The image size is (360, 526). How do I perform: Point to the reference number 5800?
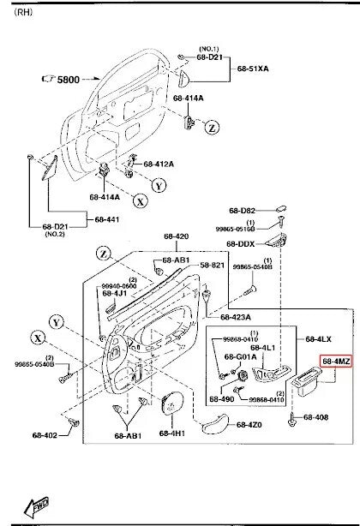coord(67,79)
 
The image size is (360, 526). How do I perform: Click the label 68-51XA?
coord(254,67)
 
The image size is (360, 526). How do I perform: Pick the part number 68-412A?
coord(159,164)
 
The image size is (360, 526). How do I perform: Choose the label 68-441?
coord(107,220)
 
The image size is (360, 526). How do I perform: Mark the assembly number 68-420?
coord(176,236)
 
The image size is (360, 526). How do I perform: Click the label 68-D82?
coord(242,210)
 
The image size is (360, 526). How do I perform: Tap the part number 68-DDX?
coord(241,243)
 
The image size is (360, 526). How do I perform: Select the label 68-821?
coord(213,266)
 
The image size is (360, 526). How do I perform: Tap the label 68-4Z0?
coord(249,425)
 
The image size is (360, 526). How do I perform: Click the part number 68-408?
coord(316,417)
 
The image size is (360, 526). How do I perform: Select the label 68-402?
coord(44,435)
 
